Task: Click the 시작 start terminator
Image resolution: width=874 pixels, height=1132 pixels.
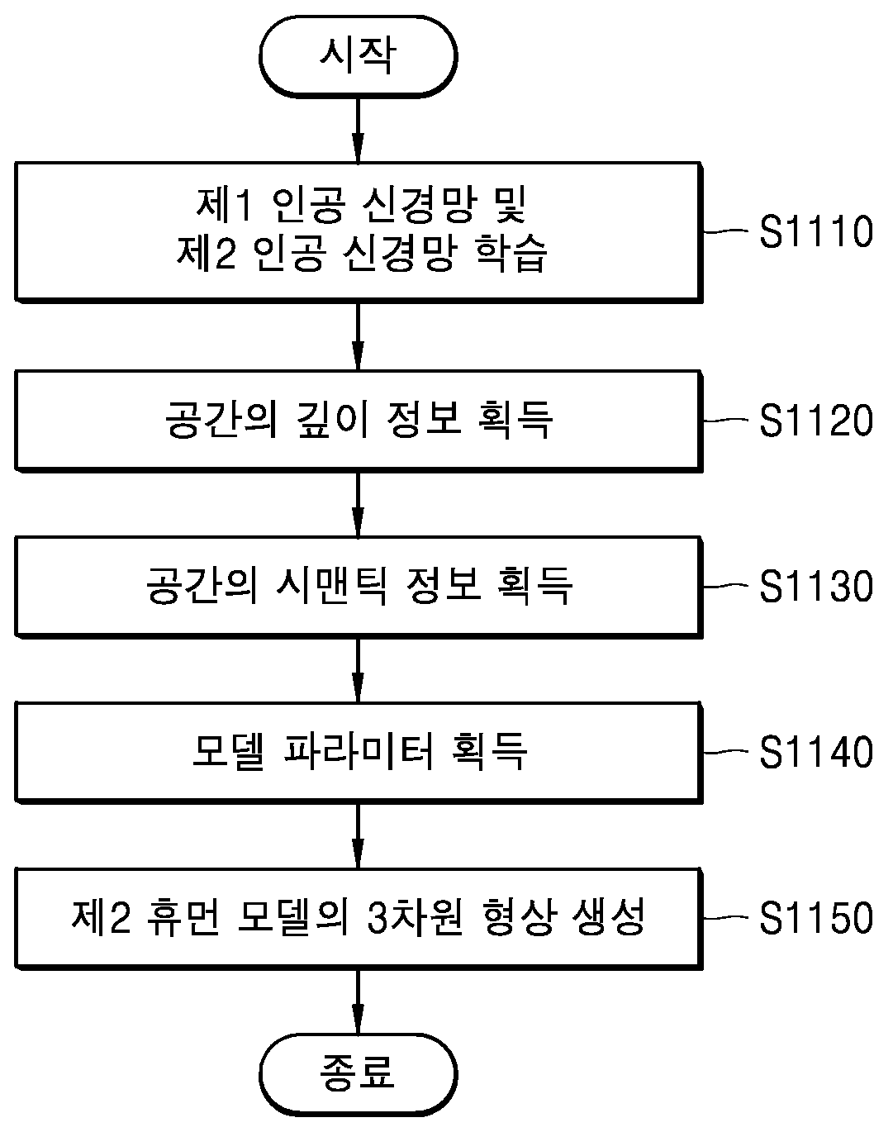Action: point(359,56)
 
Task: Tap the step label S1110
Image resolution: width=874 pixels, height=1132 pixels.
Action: point(815,231)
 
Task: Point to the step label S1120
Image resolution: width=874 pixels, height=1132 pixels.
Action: point(815,420)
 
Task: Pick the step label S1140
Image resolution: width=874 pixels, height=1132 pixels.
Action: point(815,752)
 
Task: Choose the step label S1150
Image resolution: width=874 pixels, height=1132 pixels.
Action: point(815,917)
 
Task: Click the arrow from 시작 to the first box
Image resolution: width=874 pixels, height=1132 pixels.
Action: point(359,131)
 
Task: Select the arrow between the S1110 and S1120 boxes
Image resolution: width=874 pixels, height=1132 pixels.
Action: point(359,336)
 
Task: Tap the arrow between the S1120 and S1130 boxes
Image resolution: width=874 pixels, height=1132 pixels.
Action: point(359,504)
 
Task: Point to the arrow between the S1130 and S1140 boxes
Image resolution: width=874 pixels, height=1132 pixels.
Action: point(359,670)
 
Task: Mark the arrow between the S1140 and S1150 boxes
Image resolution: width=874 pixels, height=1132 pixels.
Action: point(359,835)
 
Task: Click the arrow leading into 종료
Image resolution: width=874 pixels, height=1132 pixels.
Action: point(359,1001)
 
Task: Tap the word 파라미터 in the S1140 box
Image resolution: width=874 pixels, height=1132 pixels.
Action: point(359,751)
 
